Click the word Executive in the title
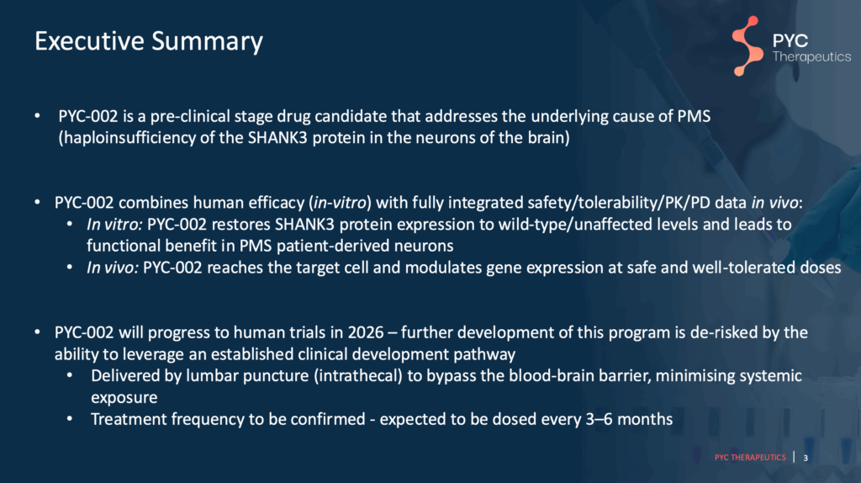click(x=89, y=41)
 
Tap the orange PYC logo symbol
click(x=747, y=46)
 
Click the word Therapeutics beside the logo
click(x=811, y=56)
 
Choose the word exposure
click(x=124, y=398)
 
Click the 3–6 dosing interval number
click(x=599, y=419)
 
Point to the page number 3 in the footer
click(x=806, y=458)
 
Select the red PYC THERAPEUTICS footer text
click(x=750, y=457)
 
